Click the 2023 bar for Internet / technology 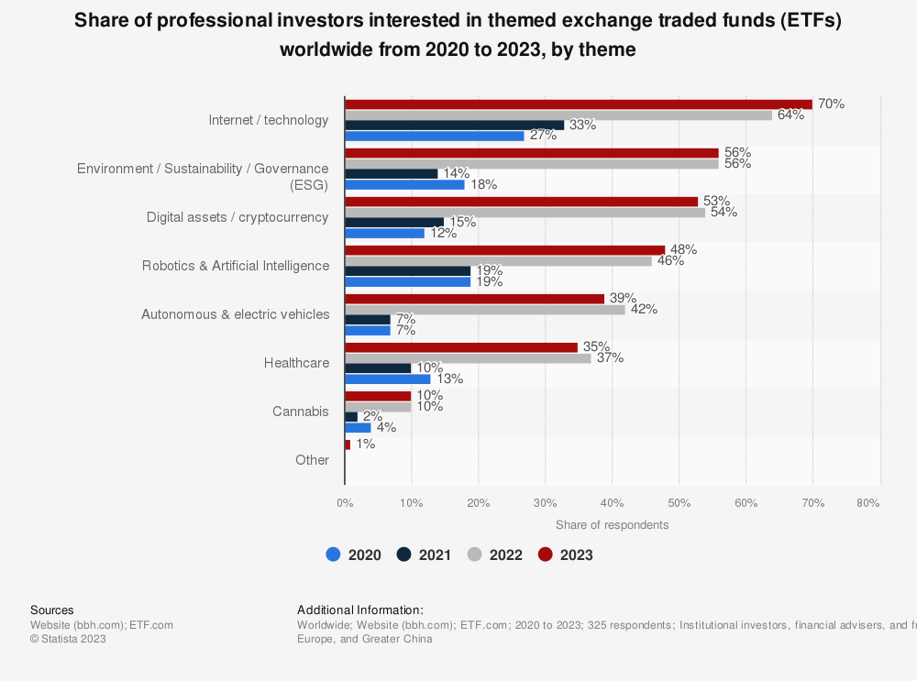tap(578, 104)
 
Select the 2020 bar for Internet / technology tap(435, 136)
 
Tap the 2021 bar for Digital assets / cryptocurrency tap(394, 222)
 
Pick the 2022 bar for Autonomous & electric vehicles tap(484, 309)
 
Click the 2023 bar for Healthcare tap(461, 347)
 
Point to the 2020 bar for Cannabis tap(358, 427)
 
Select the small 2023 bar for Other tap(348, 445)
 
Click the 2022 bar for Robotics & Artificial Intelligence tap(498, 261)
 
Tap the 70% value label tap(831, 104)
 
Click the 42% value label tap(644, 309)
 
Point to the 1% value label tap(365, 444)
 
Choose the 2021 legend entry tap(425, 555)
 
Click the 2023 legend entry tap(565, 555)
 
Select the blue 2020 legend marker tap(333, 555)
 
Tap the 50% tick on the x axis tap(679, 502)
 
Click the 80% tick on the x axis tap(867, 502)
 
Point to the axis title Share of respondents tap(612, 525)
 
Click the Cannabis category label tap(300, 412)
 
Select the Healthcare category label tap(296, 363)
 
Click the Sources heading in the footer tap(52, 610)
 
